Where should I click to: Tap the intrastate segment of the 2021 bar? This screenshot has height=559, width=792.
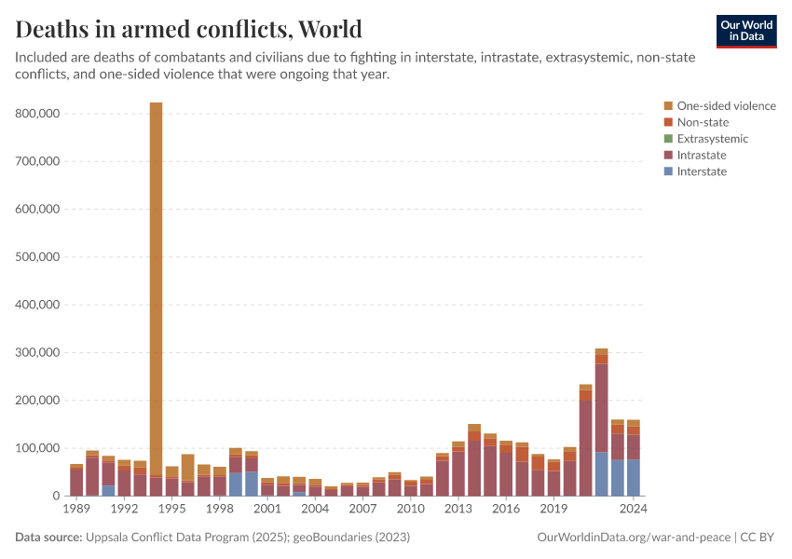coord(585,447)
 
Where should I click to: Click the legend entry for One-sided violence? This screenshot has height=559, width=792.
coord(726,106)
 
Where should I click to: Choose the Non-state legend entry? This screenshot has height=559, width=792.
coord(703,122)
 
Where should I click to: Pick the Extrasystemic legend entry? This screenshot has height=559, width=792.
coord(712,139)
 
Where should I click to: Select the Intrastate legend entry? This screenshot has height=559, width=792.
coord(702,156)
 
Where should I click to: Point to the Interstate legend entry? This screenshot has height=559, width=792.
coord(702,171)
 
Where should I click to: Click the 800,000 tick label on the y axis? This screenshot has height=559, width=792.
coord(38,114)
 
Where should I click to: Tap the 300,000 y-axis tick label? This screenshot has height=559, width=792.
coord(38,353)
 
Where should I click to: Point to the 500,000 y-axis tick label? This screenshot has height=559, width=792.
coord(38,257)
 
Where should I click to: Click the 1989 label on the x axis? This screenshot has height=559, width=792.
coord(76,509)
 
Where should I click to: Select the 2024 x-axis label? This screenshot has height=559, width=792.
coord(634,509)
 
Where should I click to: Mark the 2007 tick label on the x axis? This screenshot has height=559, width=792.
coord(362,509)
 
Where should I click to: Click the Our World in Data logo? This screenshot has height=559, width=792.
coord(745,31)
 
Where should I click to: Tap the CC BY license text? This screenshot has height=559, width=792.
coord(761,538)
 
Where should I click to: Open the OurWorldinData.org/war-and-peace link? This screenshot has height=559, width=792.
coord(634,538)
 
